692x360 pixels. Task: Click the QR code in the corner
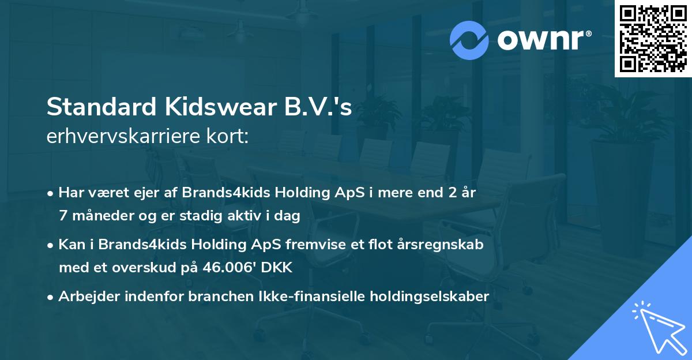click(x=653, y=38)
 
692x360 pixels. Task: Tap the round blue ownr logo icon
click(x=469, y=40)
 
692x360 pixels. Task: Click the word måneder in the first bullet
click(x=97, y=216)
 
